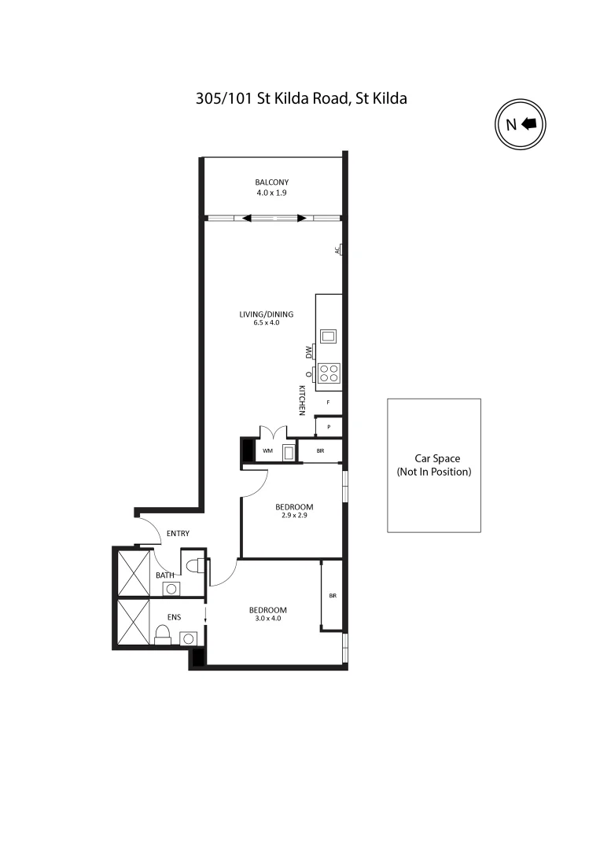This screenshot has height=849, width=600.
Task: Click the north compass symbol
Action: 520,124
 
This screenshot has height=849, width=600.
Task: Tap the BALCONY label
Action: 271,182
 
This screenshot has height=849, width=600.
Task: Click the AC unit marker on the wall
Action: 338,250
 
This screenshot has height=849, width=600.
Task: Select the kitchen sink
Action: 328,336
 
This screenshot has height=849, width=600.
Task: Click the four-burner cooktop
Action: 329,373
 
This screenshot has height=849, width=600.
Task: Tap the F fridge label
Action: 328,402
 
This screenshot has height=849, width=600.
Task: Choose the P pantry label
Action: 328,428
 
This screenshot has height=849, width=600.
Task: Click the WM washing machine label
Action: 267,451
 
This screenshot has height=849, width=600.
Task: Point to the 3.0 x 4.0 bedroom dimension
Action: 267,619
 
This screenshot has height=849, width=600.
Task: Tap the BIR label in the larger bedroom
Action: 333,596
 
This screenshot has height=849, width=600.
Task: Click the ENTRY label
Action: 178,534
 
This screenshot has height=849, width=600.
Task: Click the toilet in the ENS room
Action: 163,634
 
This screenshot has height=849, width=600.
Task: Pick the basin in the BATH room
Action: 171,589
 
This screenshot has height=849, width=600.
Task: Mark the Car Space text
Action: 437,458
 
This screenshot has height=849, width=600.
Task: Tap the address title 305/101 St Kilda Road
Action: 301,99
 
